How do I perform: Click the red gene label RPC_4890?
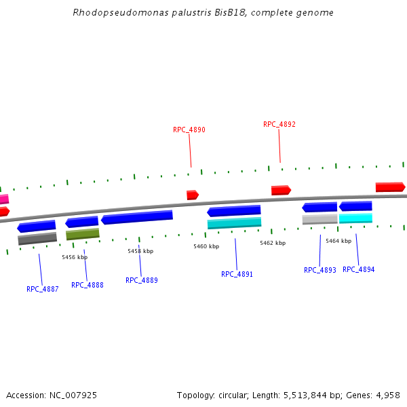(189, 130)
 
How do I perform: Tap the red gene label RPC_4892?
(279, 124)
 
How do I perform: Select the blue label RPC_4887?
(42, 289)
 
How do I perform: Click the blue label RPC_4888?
(87, 285)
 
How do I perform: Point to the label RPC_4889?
(141, 280)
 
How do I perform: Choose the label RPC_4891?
(237, 274)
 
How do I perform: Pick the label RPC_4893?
(319, 270)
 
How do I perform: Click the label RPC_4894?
(358, 269)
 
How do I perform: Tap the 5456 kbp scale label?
(75, 257)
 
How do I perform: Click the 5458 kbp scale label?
(140, 251)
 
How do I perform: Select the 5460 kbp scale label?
(206, 246)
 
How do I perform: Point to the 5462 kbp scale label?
(272, 242)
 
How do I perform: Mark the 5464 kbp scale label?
(338, 241)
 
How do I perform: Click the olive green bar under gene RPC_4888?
(82, 234)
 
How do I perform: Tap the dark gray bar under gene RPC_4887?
(37, 239)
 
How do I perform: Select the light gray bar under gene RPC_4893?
(319, 219)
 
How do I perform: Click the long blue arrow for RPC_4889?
(136, 217)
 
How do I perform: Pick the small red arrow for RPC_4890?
(193, 195)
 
